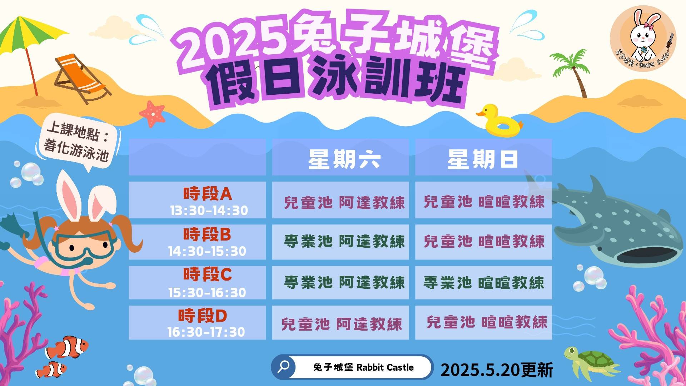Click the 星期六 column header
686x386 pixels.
(344, 159)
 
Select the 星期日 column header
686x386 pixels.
(483, 159)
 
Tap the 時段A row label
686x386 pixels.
(208, 194)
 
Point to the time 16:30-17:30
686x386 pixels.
(206, 332)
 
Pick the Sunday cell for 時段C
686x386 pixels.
(484, 283)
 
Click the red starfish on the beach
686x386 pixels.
(153, 114)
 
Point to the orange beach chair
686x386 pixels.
(82, 78)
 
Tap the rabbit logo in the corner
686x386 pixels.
(643, 39)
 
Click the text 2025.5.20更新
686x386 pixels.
(497, 370)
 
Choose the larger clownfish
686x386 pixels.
(67, 347)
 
